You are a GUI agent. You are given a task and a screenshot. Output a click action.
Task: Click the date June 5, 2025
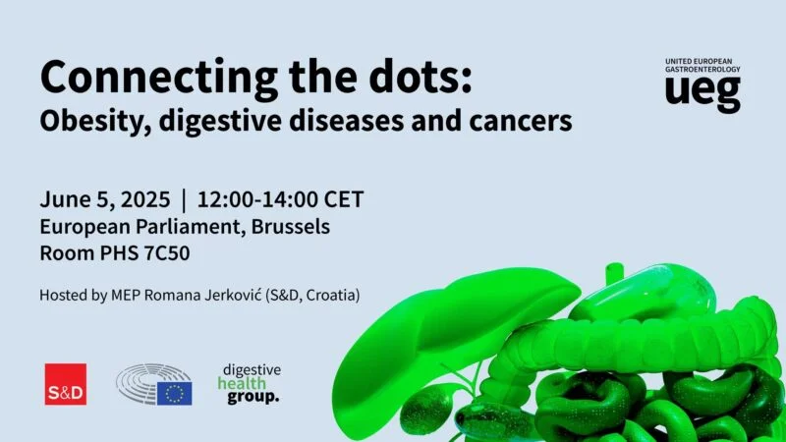tap(105, 200)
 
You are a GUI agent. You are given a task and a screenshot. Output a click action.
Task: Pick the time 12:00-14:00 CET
tap(280, 200)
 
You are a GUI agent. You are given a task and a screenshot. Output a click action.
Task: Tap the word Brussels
tap(286, 227)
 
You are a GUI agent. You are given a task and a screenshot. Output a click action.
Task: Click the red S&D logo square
tap(66, 384)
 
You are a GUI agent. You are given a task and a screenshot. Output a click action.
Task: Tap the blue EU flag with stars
tap(175, 394)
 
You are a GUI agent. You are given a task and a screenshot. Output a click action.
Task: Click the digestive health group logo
tap(250, 384)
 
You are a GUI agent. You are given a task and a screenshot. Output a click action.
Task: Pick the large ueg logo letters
tap(702, 92)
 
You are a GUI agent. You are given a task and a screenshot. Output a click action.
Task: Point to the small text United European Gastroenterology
tap(702, 66)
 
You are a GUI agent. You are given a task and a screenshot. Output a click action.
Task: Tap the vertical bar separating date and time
tap(184, 200)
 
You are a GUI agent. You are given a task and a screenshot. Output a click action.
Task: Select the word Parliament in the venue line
tap(198, 227)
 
